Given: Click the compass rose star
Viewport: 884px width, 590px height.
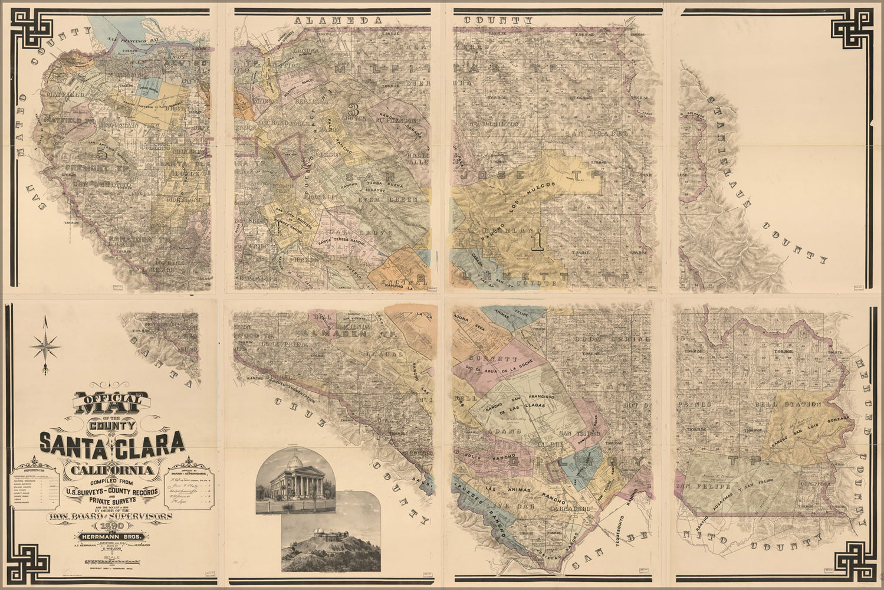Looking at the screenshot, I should click(45, 346).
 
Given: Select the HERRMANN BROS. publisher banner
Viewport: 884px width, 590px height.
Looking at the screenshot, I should click(110, 537).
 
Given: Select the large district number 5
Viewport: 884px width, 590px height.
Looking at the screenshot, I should click(103, 153).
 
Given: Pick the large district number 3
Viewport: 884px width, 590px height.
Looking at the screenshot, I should click(353, 110).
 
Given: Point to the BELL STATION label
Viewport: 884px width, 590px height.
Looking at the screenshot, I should click(788, 404).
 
